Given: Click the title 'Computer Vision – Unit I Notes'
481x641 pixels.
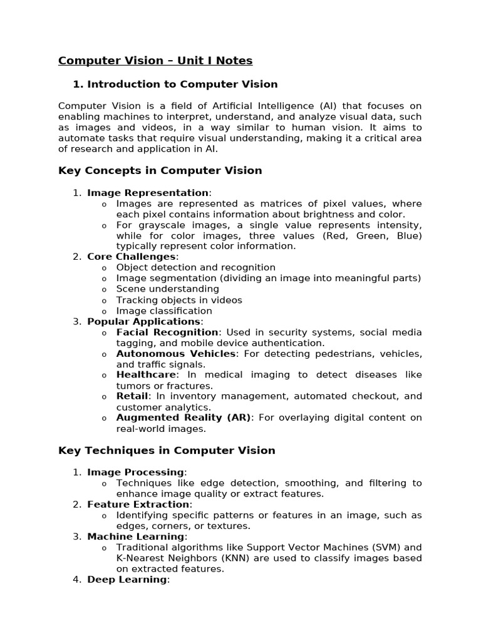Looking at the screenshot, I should click(155, 61).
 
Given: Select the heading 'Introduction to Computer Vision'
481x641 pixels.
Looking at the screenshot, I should click(182, 84).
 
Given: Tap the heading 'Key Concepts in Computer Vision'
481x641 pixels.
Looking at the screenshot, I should click(160, 170).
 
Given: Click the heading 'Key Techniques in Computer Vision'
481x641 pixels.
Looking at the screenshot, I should click(167, 450).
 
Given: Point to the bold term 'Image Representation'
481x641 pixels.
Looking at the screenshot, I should click(148, 193).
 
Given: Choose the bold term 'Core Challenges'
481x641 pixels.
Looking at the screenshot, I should click(132, 257).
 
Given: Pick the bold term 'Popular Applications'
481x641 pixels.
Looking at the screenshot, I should click(143, 321).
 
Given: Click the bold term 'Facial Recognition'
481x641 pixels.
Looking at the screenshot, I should click(167, 332).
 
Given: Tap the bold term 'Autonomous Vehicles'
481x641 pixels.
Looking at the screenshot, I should click(176, 354).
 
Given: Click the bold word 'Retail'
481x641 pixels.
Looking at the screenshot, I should click(132, 396).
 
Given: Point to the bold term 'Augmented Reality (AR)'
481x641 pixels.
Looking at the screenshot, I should click(184, 418).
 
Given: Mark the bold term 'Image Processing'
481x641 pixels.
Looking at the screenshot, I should click(135, 472).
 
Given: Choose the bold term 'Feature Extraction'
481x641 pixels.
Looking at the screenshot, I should click(138, 505).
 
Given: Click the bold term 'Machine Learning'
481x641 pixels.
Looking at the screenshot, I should click(135, 536).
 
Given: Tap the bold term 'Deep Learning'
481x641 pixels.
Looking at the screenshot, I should click(127, 580).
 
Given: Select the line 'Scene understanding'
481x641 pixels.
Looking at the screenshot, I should click(167, 289).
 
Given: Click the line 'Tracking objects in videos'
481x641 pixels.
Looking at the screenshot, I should click(179, 300).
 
